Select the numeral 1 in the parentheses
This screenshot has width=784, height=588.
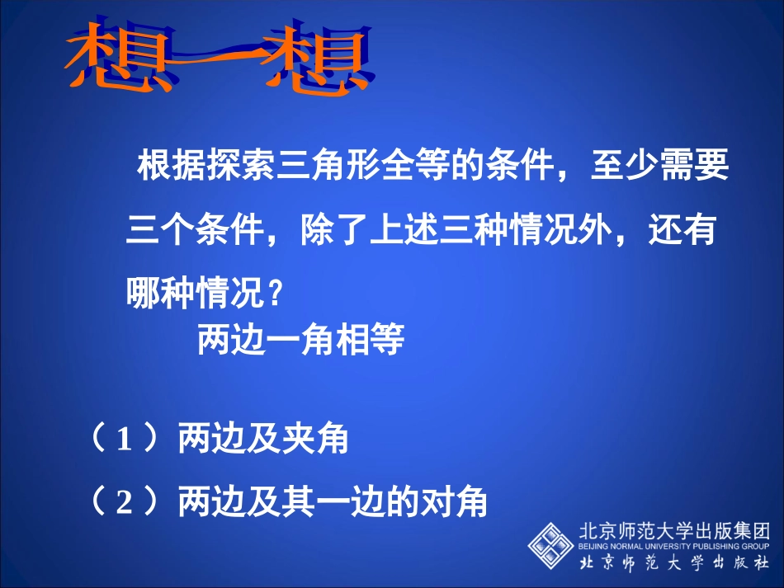[124, 441]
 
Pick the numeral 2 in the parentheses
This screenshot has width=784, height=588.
[124, 501]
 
